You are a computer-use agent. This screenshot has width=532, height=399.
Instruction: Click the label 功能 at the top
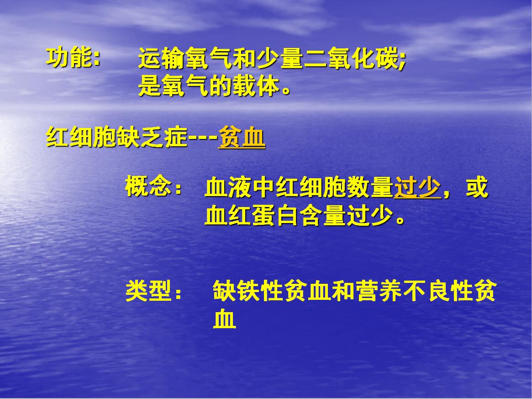point(69,58)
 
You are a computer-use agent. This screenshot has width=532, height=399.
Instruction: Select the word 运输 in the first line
point(162,59)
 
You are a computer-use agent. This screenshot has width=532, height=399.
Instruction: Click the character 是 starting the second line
point(150,86)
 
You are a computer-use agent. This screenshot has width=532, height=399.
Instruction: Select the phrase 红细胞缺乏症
point(116,137)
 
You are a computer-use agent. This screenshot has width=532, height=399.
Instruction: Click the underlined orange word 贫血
point(242,137)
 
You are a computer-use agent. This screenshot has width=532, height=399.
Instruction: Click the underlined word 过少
point(417,187)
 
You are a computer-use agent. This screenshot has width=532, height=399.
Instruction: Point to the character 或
point(477,187)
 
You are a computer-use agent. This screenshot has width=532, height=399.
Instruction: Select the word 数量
point(370,187)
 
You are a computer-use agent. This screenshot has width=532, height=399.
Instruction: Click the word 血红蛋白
point(252,215)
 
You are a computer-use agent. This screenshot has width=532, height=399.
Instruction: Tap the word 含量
point(322,215)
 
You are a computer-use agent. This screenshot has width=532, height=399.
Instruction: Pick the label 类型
point(148,291)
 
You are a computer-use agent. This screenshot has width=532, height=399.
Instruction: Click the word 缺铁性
point(248,291)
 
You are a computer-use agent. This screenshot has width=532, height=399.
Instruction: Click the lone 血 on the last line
point(224,319)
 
